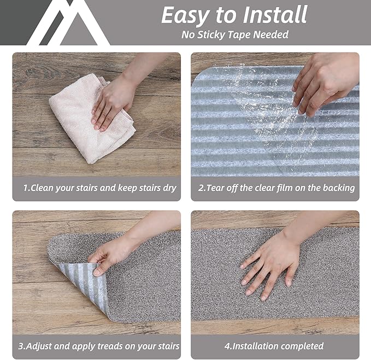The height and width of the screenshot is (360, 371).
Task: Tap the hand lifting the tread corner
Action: point(112,254)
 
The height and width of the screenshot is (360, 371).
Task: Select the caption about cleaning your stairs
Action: point(99,188)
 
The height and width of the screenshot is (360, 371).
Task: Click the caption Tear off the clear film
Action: point(276,188)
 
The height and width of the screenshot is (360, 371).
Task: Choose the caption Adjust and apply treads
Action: point(99,346)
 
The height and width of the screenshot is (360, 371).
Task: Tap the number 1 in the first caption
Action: point(25,188)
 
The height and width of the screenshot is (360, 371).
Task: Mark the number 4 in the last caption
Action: point(226,346)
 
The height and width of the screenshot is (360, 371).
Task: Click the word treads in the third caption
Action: point(113,346)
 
